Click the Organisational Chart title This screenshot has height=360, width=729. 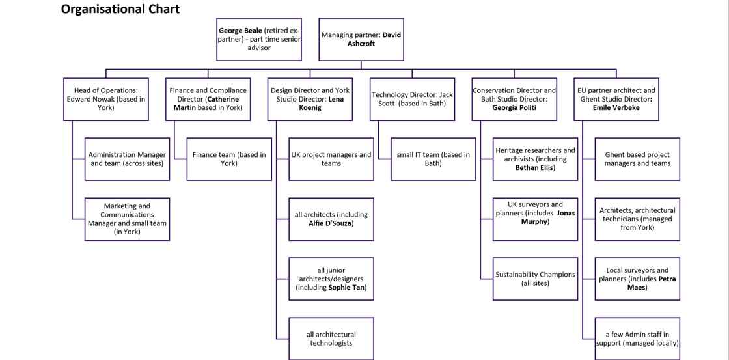point(120,9)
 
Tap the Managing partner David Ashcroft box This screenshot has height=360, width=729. point(361,39)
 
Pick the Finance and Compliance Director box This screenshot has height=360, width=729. point(208,99)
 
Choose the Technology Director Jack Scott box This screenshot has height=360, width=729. point(412,99)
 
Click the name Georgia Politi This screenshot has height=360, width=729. point(515,108)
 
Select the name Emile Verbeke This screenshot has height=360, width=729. point(616,108)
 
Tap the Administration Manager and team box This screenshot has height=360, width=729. point(127,159)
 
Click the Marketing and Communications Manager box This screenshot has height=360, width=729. point(127,219)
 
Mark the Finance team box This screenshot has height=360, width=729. point(229,159)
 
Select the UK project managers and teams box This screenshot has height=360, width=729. point(331,159)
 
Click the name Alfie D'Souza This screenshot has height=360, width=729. point(331,223)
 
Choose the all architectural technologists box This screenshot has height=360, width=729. point(331,339)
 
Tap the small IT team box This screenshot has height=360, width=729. point(433,159)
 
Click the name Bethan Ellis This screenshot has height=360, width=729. point(534,167)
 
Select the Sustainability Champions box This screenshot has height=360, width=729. point(536,279)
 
